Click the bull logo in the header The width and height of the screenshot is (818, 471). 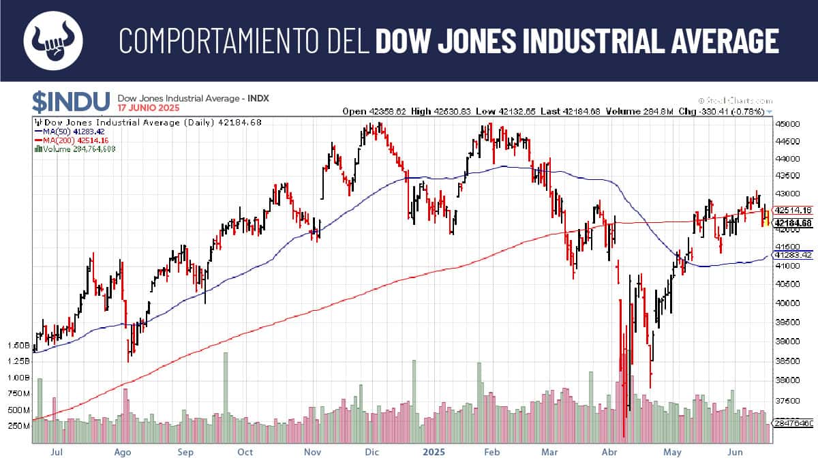click(x=53, y=40)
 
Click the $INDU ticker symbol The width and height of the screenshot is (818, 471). click(x=70, y=102)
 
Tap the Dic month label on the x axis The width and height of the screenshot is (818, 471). click(x=372, y=452)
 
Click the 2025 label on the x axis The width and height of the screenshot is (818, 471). click(x=434, y=452)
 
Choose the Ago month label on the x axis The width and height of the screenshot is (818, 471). click(x=122, y=452)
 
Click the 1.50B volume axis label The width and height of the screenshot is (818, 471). click(x=18, y=345)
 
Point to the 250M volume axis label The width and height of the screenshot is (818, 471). click(x=18, y=426)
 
